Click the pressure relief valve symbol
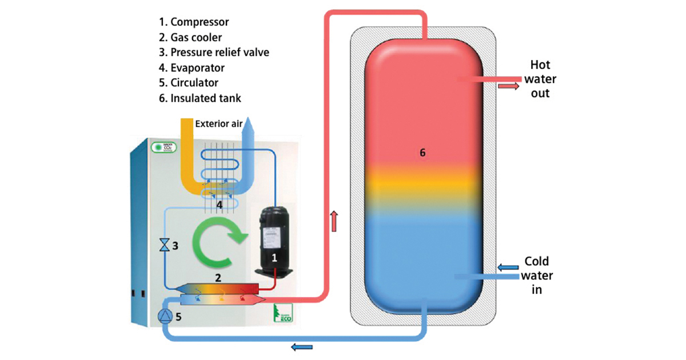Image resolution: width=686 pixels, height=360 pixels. tap(165, 246)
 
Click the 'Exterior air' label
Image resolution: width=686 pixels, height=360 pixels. tap(218, 123)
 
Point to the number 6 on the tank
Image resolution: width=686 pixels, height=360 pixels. tap(422, 153)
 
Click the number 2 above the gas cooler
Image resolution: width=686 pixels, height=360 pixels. tap(217, 278)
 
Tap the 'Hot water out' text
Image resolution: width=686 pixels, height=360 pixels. tap(540, 79)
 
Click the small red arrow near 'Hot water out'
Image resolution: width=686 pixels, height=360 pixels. tap(507, 86)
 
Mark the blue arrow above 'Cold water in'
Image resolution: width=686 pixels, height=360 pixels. tap(507, 266)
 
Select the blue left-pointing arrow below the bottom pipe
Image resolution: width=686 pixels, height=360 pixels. tap(301, 346)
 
